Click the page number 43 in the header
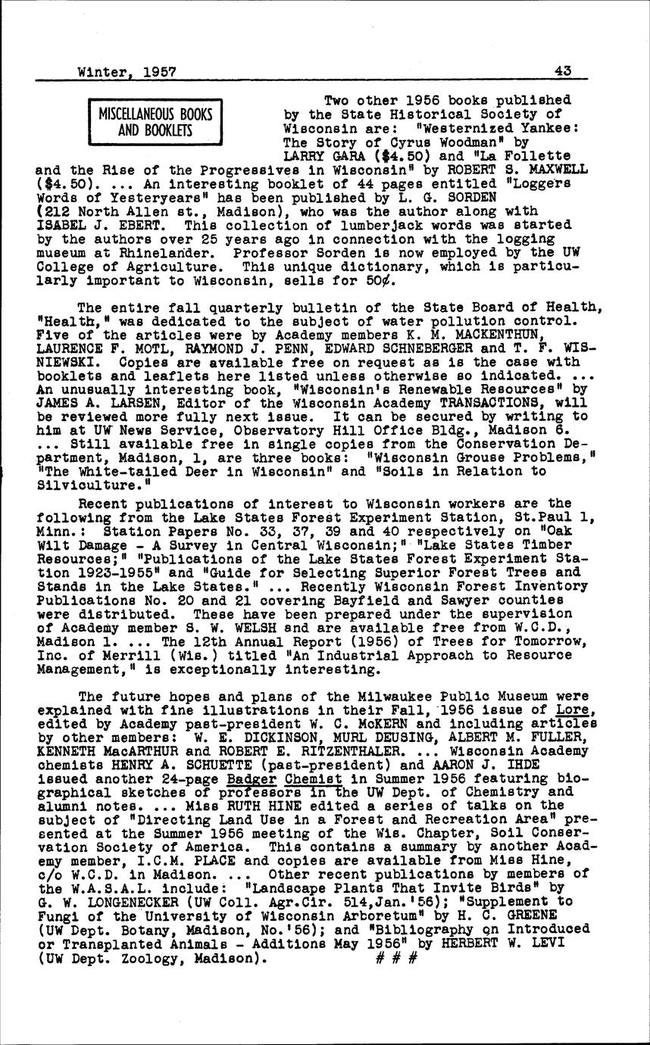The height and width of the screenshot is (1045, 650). pos(562,71)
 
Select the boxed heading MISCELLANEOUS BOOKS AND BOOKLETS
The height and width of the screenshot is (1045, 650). pos(155,122)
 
